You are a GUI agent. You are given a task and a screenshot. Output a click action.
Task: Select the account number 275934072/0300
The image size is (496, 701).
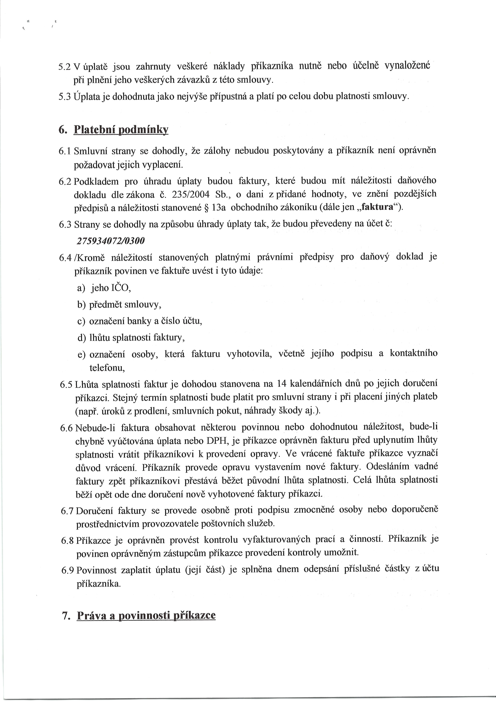click(110, 241)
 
